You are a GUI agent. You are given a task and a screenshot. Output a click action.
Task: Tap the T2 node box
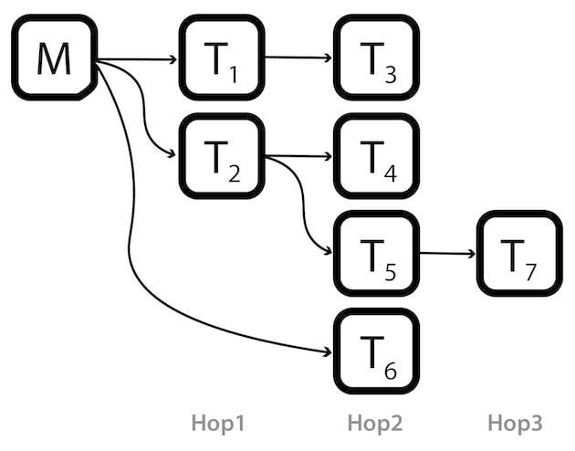coord(222,158)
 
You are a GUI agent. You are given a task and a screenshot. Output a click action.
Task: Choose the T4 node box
coord(376,158)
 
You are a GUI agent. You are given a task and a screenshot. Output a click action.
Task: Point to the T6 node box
coord(376,351)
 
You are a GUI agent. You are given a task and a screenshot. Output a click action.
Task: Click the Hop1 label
coord(219,423)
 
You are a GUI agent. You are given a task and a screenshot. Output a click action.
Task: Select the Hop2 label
coord(374,423)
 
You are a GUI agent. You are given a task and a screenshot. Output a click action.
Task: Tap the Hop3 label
coord(515,423)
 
